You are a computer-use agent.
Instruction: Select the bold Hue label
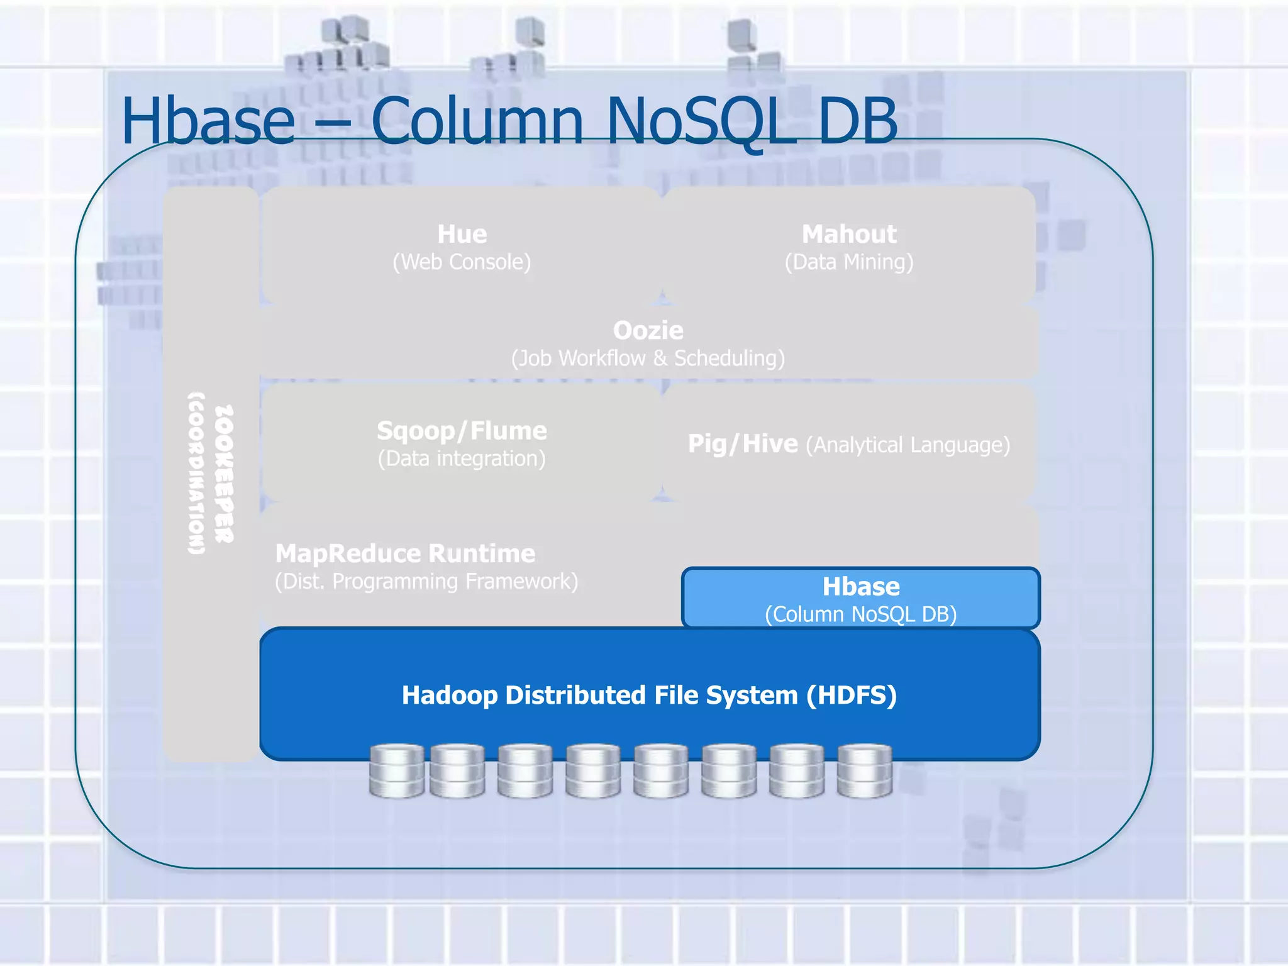(462, 234)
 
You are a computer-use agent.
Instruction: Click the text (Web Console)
(462, 262)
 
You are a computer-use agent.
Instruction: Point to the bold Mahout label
(848, 234)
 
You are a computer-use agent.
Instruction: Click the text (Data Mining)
(848, 262)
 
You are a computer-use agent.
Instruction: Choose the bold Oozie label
(648, 330)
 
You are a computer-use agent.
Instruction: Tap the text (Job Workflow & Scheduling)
(648, 358)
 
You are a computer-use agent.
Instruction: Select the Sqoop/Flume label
(462, 431)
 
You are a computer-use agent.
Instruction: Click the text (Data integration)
(462, 458)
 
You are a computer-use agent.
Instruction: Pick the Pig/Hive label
(743, 444)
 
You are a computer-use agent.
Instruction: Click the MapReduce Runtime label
(405, 553)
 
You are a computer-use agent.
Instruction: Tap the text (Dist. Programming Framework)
(426, 581)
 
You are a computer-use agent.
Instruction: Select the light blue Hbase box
(860, 597)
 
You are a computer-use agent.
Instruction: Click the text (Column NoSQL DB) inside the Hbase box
(860, 614)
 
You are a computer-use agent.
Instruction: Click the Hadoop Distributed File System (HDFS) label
(649, 695)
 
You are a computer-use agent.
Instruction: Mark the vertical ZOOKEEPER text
(224, 473)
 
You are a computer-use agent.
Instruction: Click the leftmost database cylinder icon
(396, 771)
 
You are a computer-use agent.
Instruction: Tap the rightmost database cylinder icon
(865, 771)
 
